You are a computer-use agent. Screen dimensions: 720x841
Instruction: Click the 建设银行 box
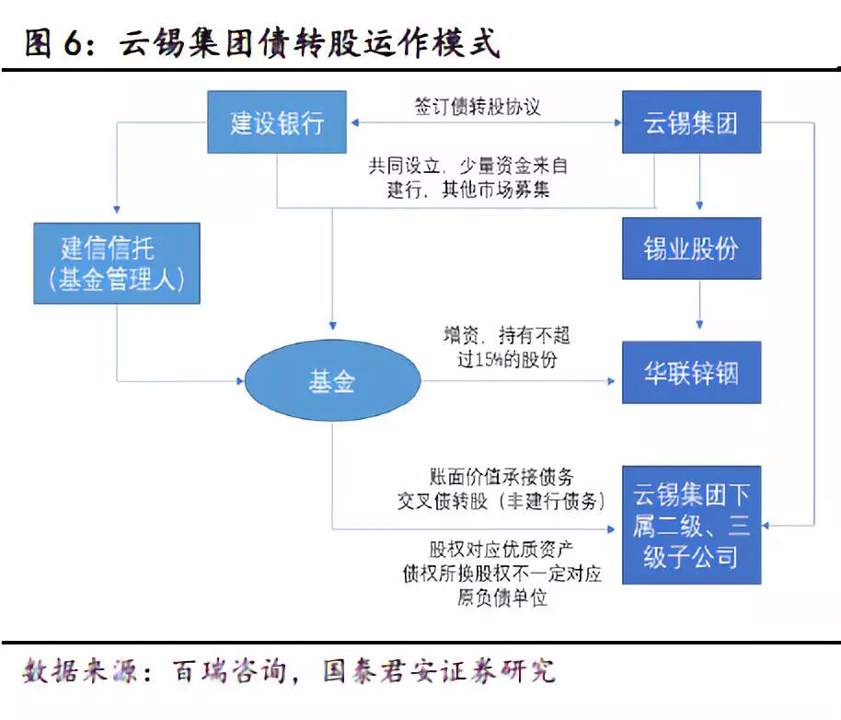click(277, 122)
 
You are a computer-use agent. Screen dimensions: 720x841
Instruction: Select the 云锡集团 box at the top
click(691, 122)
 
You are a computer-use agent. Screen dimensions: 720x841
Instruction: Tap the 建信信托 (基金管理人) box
click(117, 263)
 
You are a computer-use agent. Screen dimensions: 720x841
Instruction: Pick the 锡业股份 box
click(691, 249)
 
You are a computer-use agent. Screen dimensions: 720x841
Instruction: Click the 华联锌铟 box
click(691, 373)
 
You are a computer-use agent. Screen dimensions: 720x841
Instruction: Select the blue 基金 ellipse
click(332, 380)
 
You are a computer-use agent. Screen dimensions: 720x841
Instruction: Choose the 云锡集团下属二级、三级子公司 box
click(691, 525)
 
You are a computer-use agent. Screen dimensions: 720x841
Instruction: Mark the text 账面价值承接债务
click(501, 477)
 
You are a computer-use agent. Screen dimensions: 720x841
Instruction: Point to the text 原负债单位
click(501, 598)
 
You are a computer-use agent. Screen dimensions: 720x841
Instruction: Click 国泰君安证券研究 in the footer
click(440, 670)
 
